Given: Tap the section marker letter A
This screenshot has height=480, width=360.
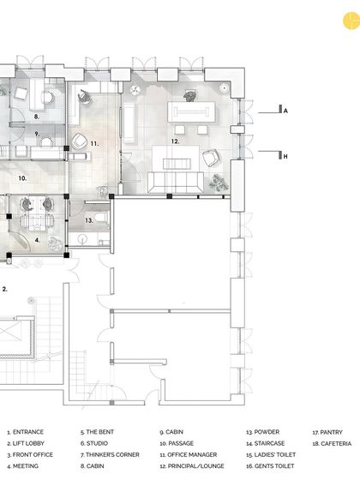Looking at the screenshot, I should click(x=285, y=111).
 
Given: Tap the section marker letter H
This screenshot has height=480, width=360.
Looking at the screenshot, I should click(x=285, y=156).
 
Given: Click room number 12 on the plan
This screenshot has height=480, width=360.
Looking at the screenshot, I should click(x=175, y=141).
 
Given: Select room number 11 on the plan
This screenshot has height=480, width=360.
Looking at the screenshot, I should click(x=94, y=143).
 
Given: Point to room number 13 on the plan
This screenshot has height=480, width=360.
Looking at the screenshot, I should click(x=88, y=220).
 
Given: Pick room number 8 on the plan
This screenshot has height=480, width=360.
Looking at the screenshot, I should click(x=37, y=115).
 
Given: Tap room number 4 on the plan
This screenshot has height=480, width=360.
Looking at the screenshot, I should click(x=37, y=241).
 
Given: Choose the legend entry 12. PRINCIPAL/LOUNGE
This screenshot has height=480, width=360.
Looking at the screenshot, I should click(x=192, y=465).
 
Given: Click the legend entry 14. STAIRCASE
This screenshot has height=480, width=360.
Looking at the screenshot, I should click(x=268, y=443).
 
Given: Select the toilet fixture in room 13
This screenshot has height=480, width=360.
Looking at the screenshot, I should click(x=103, y=219).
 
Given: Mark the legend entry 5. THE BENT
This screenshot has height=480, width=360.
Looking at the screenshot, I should click(x=99, y=432).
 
